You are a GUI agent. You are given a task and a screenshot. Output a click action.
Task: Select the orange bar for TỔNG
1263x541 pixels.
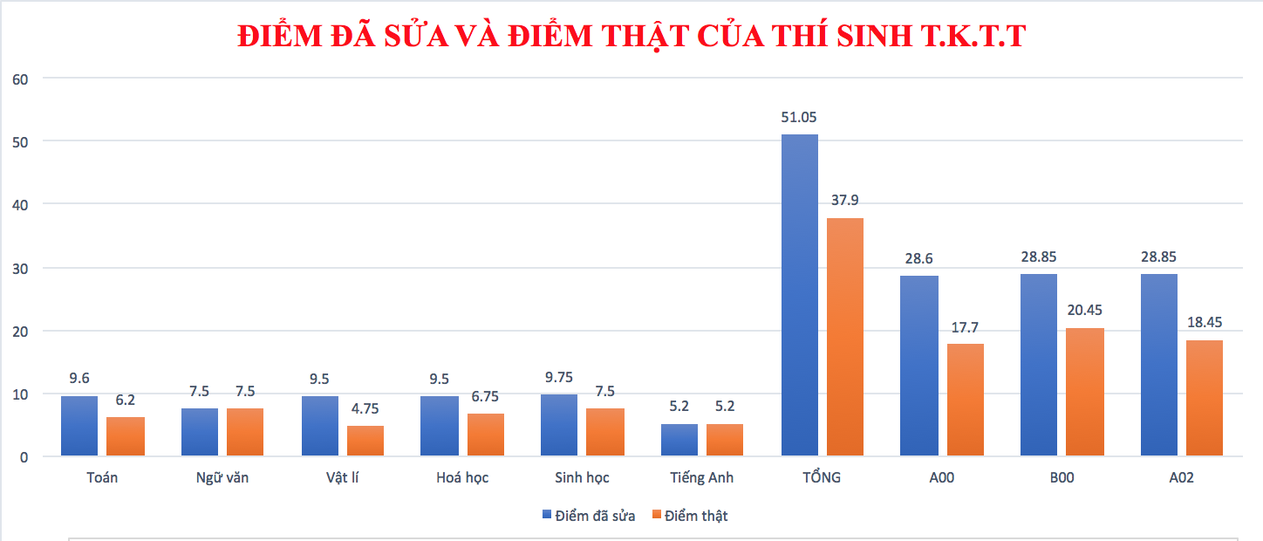(845, 337)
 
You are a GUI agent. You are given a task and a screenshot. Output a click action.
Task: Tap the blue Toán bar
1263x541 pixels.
(79, 426)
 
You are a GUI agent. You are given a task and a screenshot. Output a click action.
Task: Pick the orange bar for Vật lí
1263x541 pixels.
(365, 441)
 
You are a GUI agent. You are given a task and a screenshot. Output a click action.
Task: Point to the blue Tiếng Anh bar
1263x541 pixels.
(679, 440)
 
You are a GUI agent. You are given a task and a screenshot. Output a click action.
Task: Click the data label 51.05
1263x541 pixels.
(799, 118)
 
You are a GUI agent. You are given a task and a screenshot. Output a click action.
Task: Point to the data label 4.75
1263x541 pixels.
(365, 408)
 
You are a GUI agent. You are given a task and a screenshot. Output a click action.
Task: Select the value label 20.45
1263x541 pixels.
(1085, 310)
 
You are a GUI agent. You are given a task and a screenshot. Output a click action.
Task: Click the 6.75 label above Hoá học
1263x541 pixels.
(486, 396)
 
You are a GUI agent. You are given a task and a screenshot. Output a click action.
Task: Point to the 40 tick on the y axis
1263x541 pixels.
(20, 205)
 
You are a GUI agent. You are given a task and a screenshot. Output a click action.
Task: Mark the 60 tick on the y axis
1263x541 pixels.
(20, 79)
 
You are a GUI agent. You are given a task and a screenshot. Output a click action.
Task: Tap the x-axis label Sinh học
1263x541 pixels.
(582, 478)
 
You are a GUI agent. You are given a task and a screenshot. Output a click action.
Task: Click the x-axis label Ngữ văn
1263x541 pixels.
(222, 478)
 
